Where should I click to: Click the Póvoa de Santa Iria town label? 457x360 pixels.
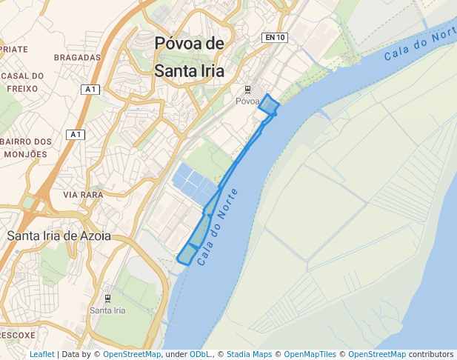point(189,57)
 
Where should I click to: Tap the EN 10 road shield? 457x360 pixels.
point(274,38)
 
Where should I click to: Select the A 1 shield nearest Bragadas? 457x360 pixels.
point(91,90)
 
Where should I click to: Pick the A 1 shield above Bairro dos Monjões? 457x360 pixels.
point(76,134)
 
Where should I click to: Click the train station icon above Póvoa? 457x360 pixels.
point(247,90)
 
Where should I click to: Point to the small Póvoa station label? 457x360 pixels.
point(247,101)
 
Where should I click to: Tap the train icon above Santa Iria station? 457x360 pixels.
point(108,299)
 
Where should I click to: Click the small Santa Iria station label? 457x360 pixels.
point(107,310)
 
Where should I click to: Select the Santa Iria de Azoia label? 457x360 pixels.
point(59,236)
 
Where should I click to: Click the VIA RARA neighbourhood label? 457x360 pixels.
point(83,195)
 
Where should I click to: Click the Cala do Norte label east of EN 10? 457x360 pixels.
point(419,45)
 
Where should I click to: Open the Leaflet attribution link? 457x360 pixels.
point(42,355)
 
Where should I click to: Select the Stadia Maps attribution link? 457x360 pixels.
point(249,355)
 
